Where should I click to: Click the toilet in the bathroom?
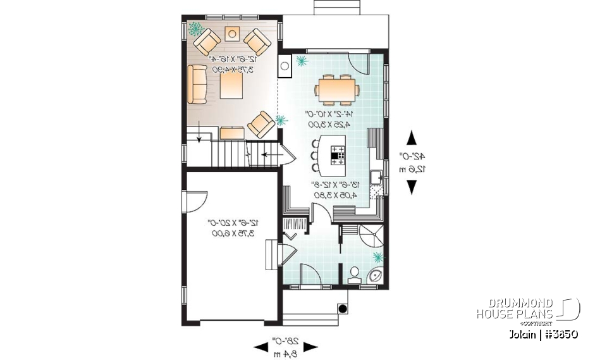(355, 274)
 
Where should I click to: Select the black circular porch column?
(343, 309)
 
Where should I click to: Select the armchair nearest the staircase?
(261, 123)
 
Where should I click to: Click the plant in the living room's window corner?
(195, 28)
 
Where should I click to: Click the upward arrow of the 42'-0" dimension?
(412, 137)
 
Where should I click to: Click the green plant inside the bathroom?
(378, 257)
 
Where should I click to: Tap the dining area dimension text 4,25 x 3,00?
(332, 125)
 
